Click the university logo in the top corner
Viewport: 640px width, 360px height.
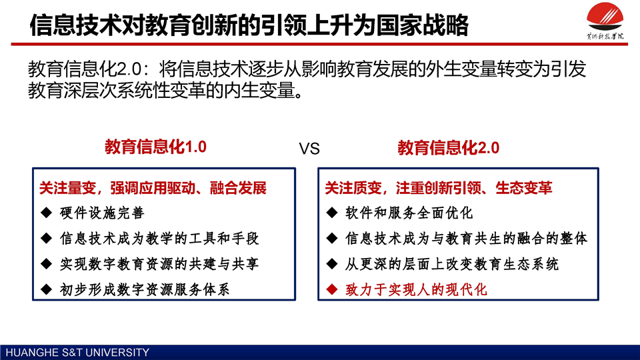coord(605,21)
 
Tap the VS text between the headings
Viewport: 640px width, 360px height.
coord(309,149)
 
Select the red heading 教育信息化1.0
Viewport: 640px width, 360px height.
coord(155,147)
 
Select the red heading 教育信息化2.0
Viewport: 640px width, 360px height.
coord(448,148)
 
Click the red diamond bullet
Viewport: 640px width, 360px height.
coord(332,289)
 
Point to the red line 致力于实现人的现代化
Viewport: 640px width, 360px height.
coord(416,290)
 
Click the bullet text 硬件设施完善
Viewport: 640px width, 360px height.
coord(101,213)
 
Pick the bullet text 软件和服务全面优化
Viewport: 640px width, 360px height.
coord(409,213)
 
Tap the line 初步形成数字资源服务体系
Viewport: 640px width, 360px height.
coord(145,290)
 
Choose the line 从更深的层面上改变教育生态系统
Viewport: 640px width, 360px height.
coord(451,264)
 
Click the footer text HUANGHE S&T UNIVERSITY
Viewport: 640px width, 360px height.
coord(77,352)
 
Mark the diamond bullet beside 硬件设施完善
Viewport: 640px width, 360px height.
coord(47,212)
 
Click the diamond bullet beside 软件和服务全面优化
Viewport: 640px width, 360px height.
coord(332,212)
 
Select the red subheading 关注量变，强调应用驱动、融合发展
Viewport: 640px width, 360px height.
coord(153,188)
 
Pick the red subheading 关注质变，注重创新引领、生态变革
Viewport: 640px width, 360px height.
coord(439,188)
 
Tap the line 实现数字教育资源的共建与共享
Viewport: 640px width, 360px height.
coord(159,264)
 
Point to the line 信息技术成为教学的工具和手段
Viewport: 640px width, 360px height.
coord(159,239)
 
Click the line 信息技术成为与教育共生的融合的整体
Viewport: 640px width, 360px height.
coord(466,239)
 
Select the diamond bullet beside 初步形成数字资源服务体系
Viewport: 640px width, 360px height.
coord(47,289)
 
